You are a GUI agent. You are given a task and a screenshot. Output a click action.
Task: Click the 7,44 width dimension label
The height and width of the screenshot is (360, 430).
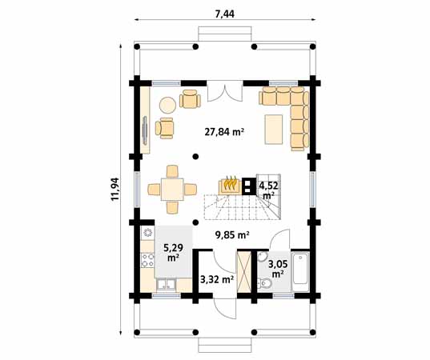point(224,14)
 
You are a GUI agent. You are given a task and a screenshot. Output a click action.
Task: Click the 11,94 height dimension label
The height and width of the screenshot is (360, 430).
point(115,189)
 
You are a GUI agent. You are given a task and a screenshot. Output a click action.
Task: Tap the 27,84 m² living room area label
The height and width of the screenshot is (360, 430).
point(224,132)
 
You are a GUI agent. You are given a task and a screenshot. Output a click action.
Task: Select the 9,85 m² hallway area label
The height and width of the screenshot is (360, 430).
point(232,234)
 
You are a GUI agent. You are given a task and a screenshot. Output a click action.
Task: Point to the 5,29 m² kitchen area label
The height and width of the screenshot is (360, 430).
point(173,252)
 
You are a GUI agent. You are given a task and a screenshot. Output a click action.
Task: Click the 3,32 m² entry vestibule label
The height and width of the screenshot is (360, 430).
point(217,279)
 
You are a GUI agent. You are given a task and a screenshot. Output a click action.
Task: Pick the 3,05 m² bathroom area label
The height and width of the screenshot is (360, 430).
point(278,269)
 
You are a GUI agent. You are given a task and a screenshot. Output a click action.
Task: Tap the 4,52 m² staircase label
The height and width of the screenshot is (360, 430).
point(269,190)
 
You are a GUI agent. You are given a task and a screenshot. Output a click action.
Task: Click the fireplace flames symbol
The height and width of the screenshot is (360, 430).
point(230,183)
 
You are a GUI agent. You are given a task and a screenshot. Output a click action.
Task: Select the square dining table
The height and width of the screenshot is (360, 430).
point(172,190)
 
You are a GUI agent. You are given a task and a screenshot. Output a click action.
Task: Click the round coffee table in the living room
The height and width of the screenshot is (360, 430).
point(167,106)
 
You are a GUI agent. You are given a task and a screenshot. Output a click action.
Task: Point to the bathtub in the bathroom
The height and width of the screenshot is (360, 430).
point(300,270)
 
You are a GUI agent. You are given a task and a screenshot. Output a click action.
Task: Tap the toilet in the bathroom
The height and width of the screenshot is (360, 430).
point(264,282)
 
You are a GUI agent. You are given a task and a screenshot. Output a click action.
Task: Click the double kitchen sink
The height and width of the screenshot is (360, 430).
point(167,285)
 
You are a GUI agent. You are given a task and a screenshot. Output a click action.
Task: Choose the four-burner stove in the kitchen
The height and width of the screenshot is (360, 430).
point(147,260)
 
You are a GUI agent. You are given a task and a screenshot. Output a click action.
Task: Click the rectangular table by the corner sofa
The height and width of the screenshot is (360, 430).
point(273,130)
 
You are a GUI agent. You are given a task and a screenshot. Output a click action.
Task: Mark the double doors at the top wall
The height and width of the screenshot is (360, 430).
point(225,92)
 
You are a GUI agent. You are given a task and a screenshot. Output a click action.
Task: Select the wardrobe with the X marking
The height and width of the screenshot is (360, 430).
point(243,273)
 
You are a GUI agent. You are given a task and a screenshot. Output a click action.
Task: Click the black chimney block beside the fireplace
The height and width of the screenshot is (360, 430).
point(248,186)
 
